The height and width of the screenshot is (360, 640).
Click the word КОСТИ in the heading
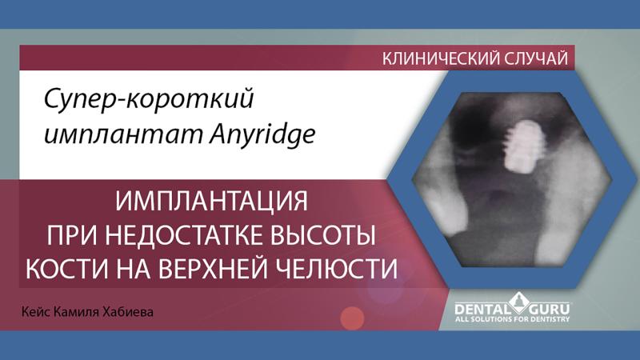[70, 269]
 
